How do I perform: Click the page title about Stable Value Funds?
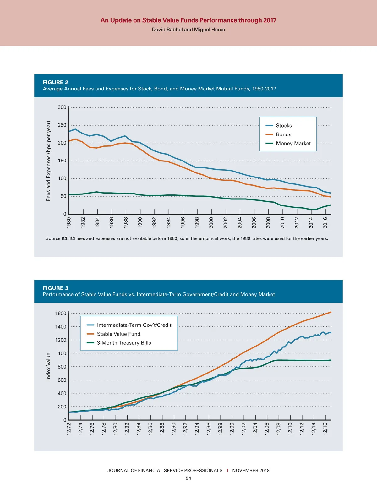pos(188,20)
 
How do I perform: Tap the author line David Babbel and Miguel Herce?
pos(188,30)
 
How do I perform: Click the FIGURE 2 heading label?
pos(56,82)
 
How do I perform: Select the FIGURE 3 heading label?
pos(56,288)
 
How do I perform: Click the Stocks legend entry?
pos(284,126)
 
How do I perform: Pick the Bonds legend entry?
pos(283,134)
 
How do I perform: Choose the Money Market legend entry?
pos(293,143)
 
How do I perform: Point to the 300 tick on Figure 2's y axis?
pos(62,107)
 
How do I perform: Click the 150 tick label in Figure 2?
pos(62,161)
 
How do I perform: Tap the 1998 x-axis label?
pos(197,222)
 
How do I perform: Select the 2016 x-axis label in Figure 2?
pos(325,222)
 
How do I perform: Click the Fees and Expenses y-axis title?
pos(48,161)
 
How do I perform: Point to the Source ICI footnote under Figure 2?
pos(187,238)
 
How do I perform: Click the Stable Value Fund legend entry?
pos(118,334)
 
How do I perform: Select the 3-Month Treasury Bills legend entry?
pos(124,343)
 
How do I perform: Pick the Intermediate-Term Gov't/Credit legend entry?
pos(134,325)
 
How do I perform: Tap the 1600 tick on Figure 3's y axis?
pos(61,314)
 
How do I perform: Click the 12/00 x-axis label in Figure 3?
pos(232,429)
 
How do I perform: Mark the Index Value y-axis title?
pos(48,366)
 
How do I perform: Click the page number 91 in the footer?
pos(188,478)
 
